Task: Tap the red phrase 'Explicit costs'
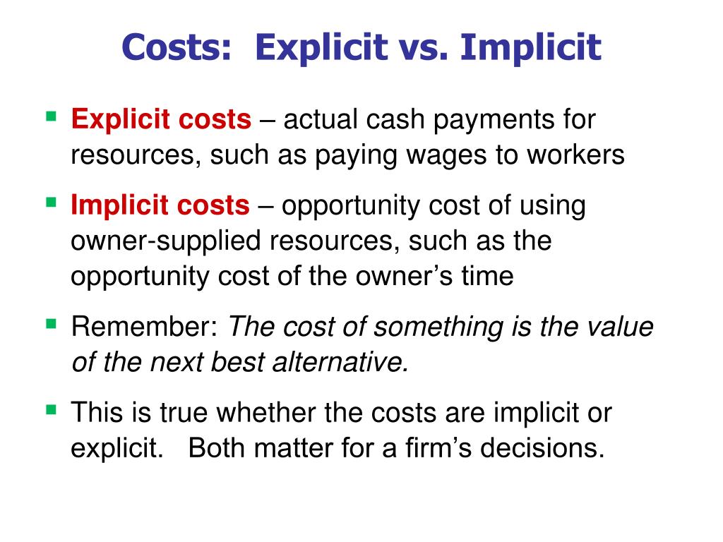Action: [161, 119]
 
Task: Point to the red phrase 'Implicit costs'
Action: [160, 205]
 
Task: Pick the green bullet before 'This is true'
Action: [51, 409]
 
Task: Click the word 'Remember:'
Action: [145, 327]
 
